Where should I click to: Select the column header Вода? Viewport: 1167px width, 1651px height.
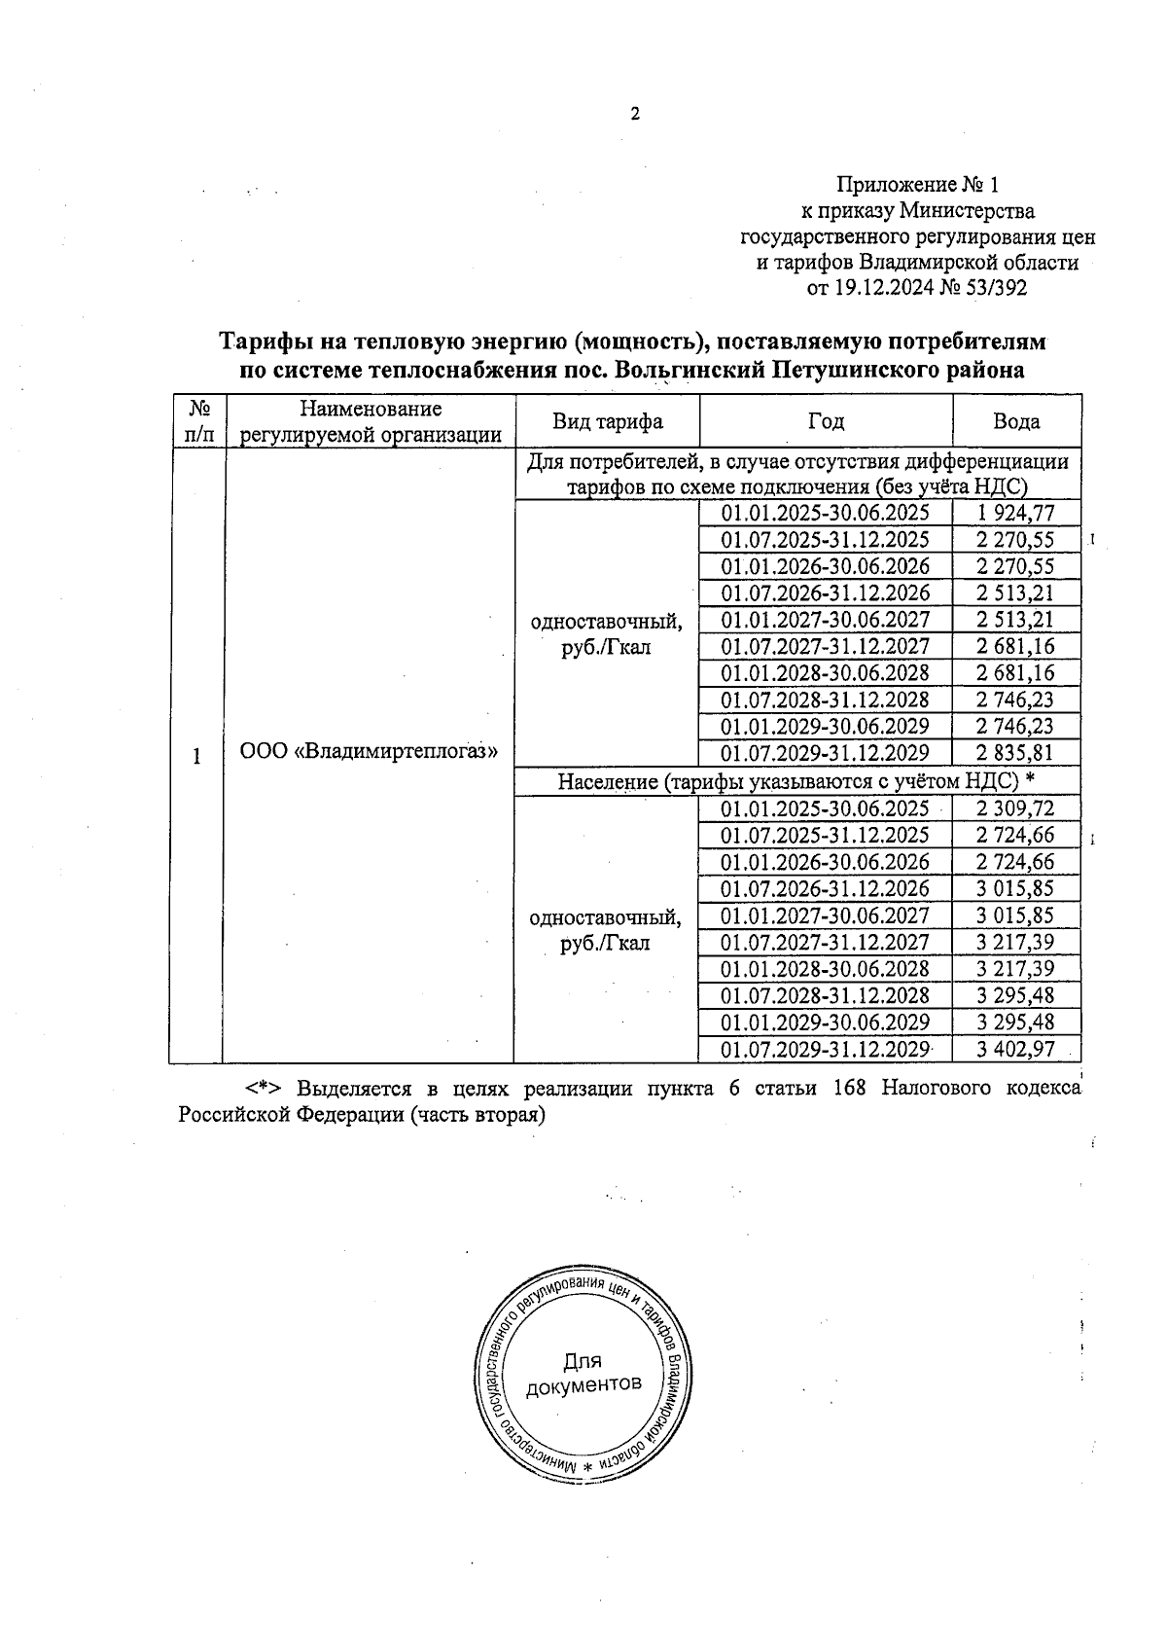pyautogui.click(x=1016, y=421)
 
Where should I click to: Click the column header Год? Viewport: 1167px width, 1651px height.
pyautogui.click(x=826, y=421)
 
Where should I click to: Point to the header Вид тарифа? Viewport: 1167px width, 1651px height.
pyautogui.click(x=608, y=421)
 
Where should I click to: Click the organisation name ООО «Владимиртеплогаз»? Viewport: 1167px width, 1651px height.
pyautogui.click(x=369, y=752)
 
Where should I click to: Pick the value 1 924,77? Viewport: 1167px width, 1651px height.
pyautogui.click(x=1016, y=513)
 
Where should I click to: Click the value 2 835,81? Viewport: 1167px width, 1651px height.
pyautogui.click(x=1016, y=752)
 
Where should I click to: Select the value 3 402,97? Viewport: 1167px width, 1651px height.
pyautogui.click(x=1016, y=1049)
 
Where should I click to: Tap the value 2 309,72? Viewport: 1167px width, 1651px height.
pyautogui.click(x=1016, y=808)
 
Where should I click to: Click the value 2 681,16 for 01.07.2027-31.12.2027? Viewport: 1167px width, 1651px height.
pyautogui.click(x=1016, y=646)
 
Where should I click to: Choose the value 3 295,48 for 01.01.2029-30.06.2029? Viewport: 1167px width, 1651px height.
pyautogui.click(x=1016, y=1022)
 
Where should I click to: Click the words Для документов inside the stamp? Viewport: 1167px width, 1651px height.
pyautogui.click(x=583, y=1373)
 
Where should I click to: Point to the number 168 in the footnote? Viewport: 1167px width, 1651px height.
pyautogui.click(x=851, y=1088)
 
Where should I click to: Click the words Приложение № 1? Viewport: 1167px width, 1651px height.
pyautogui.click(x=918, y=184)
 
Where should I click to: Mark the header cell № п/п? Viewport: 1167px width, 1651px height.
pyautogui.click(x=197, y=421)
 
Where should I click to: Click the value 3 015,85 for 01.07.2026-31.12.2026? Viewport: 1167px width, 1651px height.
pyautogui.click(x=1016, y=888)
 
